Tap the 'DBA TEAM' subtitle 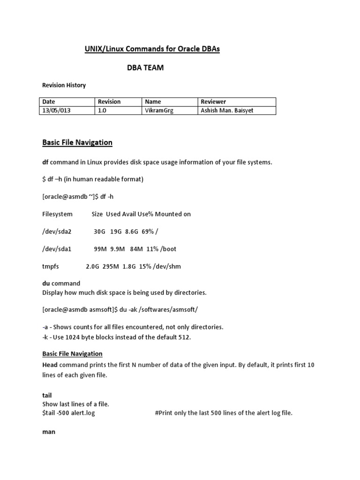tap(145, 68)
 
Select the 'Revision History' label tap(64, 85)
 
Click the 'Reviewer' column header tap(213, 102)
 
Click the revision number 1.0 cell tap(102, 110)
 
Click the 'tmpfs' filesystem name tap(51, 266)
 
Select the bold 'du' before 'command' tap(46, 283)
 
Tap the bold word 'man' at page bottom tap(49, 431)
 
